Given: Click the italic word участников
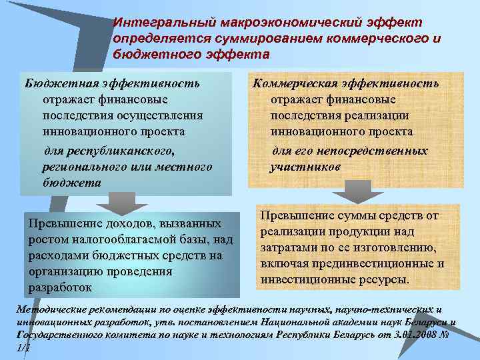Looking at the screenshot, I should tap(305, 167).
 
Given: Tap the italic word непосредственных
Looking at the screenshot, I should tap(370, 151).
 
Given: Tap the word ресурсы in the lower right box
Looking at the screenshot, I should tap(384, 279).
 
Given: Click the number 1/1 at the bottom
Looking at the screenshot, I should tap(23, 347).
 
